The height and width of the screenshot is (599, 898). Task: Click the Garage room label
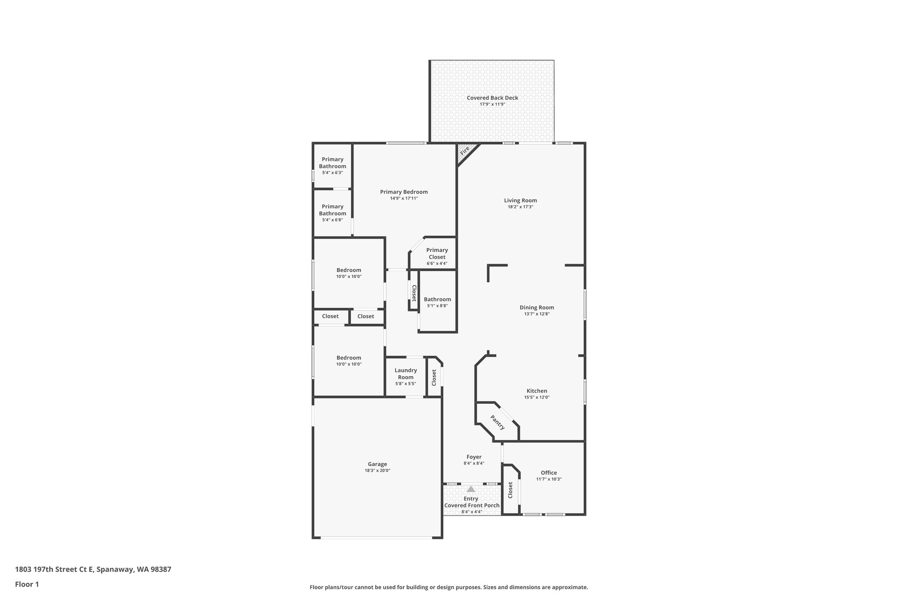[x=377, y=464]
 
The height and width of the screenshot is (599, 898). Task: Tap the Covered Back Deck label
[x=492, y=98]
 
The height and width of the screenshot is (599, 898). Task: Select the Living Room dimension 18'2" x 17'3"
[x=520, y=207]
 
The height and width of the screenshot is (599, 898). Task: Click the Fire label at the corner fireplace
[x=464, y=150]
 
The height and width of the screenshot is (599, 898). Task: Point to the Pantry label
[x=498, y=422]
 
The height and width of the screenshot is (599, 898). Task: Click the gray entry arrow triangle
[x=471, y=489]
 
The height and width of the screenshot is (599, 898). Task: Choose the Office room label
[x=549, y=473]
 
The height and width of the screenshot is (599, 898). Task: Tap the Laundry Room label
[x=406, y=374]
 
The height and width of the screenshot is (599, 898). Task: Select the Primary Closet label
[x=437, y=254]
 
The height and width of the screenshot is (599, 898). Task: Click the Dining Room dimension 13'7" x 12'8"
[x=537, y=314]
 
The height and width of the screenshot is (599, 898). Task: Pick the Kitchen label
[x=537, y=391]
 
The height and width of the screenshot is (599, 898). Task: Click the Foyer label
[x=474, y=457]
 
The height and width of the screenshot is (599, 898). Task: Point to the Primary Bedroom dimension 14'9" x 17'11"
[x=404, y=198]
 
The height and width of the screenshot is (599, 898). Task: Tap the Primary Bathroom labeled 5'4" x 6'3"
[x=332, y=163]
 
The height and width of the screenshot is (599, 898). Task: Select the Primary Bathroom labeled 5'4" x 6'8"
[x=332, y=210]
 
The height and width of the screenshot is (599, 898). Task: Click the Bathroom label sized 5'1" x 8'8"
[x=437, y=299]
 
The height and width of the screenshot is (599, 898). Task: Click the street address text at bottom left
[x=93, y=570]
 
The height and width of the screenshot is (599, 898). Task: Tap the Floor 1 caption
[x=27, y=584]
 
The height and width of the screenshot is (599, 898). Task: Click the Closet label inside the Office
[x=510, y=490]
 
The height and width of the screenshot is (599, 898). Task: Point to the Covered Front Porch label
[x=472, y=506]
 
